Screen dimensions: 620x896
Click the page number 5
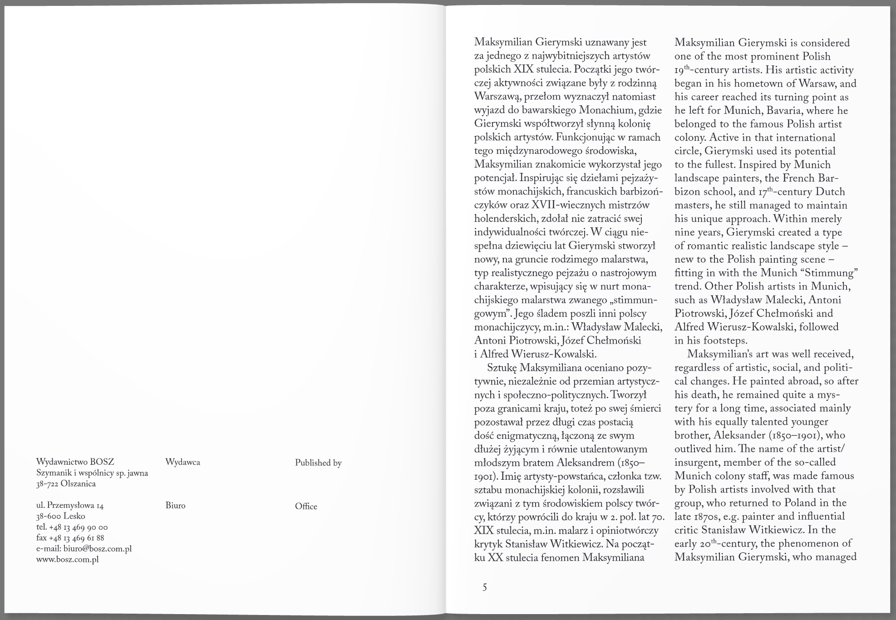484,587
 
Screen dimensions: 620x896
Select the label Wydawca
182,463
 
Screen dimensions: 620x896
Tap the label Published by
318,463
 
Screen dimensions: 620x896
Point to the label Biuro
175,506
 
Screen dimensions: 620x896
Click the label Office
306,507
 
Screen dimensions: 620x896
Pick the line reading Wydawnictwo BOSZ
75,462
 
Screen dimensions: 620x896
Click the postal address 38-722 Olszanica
66,484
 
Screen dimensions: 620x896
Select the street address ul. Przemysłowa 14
70,506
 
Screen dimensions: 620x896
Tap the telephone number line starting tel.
72,527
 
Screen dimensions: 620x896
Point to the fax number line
70,538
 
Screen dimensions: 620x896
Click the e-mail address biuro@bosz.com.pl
84,549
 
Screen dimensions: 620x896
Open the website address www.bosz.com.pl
67,560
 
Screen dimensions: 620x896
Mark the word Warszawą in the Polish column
497,97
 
